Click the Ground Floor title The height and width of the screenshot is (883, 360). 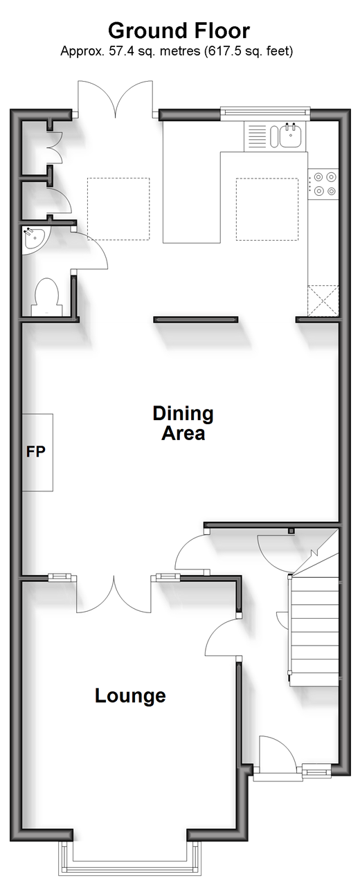click(x=179, y=31)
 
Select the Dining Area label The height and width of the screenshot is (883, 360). click(x=183, y=423)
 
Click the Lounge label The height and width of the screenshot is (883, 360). click(x=131, y=695)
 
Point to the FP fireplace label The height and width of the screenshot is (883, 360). click(x=36, y=451)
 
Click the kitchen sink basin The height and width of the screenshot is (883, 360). click(x=291, y=135)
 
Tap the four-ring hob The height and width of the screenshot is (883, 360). click(x=323, y=183)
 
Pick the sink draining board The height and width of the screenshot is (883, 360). click(x=257, y=136)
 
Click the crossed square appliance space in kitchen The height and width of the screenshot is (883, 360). click(x=323, y=301)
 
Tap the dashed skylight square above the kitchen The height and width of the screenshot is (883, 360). click(x=267, y=209)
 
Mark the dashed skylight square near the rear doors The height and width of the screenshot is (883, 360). click(x=118, y=209)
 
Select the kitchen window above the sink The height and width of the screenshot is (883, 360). click(x=266, y=112)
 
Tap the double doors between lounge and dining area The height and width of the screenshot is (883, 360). click(x=114, y=593)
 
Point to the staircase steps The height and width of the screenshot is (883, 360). click(x=314, y=630)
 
